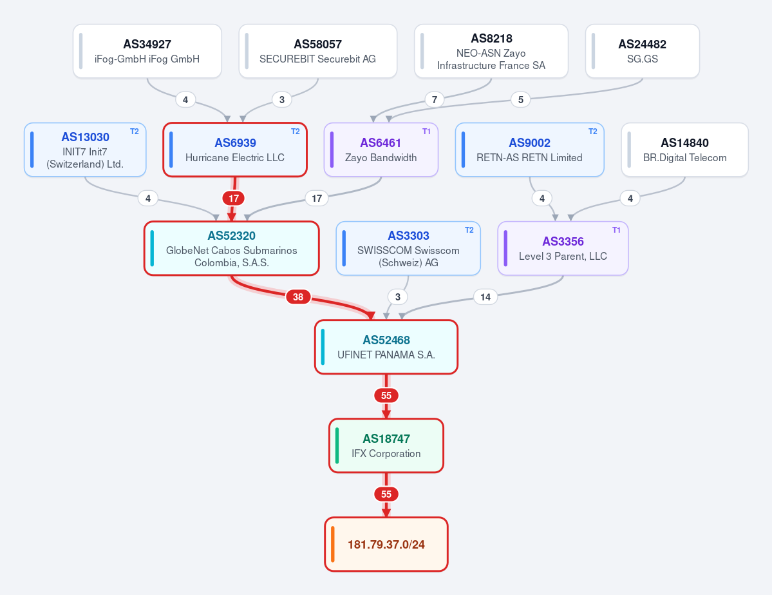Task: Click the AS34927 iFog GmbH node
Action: point(147,52)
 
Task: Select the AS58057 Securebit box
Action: point(317,52)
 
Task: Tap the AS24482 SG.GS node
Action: point(642,52)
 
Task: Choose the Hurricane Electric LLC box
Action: point(235,150)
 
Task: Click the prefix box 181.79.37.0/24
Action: point(386,544)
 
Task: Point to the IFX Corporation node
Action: point(386,445)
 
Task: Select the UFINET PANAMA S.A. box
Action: point(386,347)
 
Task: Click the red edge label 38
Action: point(298,297)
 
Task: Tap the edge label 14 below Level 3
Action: point(485,297)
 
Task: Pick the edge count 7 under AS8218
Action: point(434,99)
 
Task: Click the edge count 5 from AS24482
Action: point(520,99)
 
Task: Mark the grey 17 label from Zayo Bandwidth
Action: point(317,198)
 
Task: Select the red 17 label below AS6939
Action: point(233,198)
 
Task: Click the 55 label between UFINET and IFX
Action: point(386,395)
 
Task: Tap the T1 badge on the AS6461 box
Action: point(426,131)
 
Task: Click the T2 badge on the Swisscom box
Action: point(469,229)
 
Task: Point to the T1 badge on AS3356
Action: point(616,229)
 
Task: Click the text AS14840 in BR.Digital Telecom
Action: point(684,143)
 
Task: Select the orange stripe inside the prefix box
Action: point(333,544)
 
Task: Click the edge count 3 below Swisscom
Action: point(397,297)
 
